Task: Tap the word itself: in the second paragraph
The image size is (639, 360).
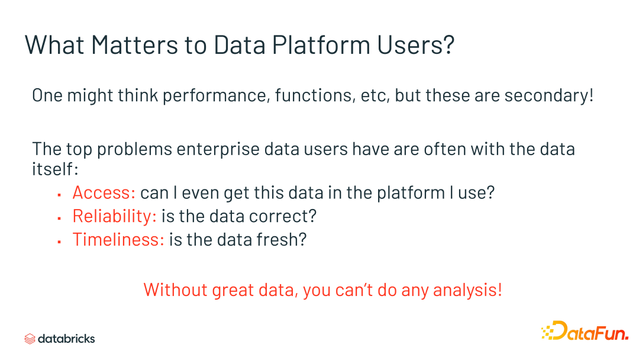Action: [54, 169]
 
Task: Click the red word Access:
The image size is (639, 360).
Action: [104, 192]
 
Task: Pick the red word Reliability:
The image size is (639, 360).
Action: [114, 216]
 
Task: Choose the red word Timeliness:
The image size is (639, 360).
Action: [118, 240]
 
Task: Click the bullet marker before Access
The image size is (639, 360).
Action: [60, 194]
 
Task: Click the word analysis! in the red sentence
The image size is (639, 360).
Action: [467, 290]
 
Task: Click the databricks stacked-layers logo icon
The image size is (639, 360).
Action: [30, 339]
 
